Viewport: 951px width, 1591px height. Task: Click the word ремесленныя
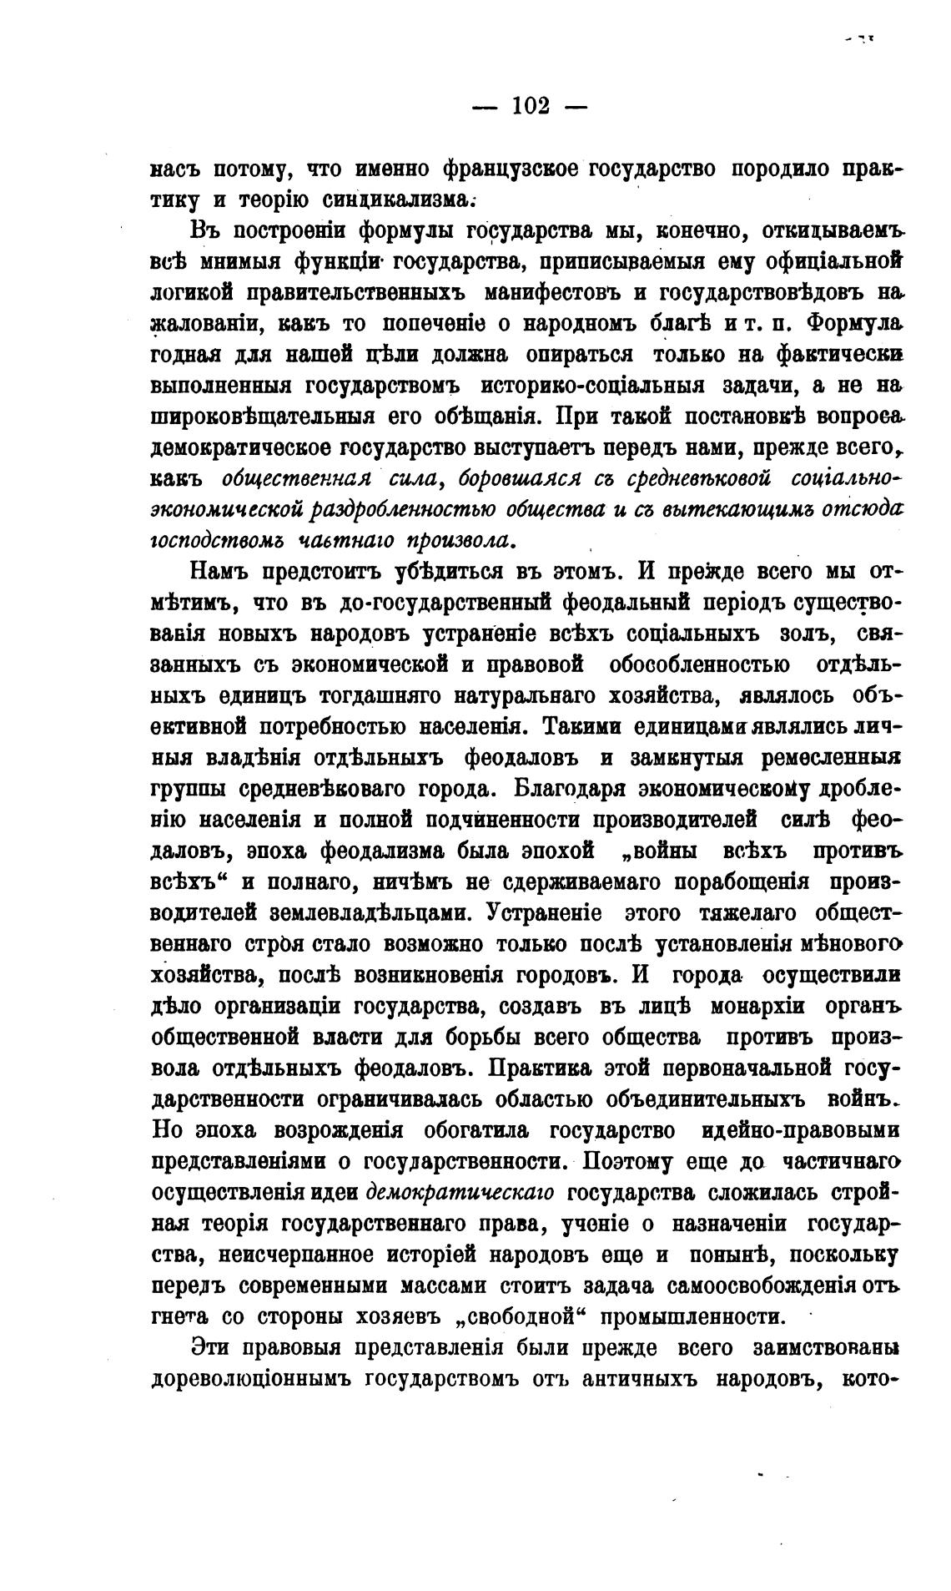coord(833,757)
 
